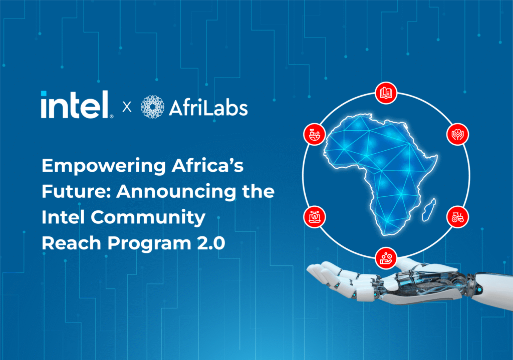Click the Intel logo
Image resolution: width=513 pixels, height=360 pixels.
tap(77, 105)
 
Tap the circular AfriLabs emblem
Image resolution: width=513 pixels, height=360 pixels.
tap(152, 107)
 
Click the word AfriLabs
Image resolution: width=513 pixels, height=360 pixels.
tap(208, 108)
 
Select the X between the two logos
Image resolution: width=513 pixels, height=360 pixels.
tap(127, 107)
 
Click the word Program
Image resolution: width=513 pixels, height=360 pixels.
tap(149, 244)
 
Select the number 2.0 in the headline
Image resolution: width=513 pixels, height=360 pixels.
tap(211, 244)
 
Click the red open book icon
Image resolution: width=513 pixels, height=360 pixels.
tap(386, 93)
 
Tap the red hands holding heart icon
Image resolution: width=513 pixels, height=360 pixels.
tap(458, 134)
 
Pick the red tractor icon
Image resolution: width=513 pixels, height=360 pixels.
tap(458, 217)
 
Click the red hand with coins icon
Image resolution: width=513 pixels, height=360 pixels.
tap(386, 258)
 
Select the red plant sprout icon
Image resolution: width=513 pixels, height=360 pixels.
tap(315, 134)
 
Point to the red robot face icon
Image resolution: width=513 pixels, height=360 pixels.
tap(315, 217)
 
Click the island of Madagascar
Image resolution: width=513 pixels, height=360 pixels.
tap(429, 210)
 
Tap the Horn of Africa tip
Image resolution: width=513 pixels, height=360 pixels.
tap(437, 156)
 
